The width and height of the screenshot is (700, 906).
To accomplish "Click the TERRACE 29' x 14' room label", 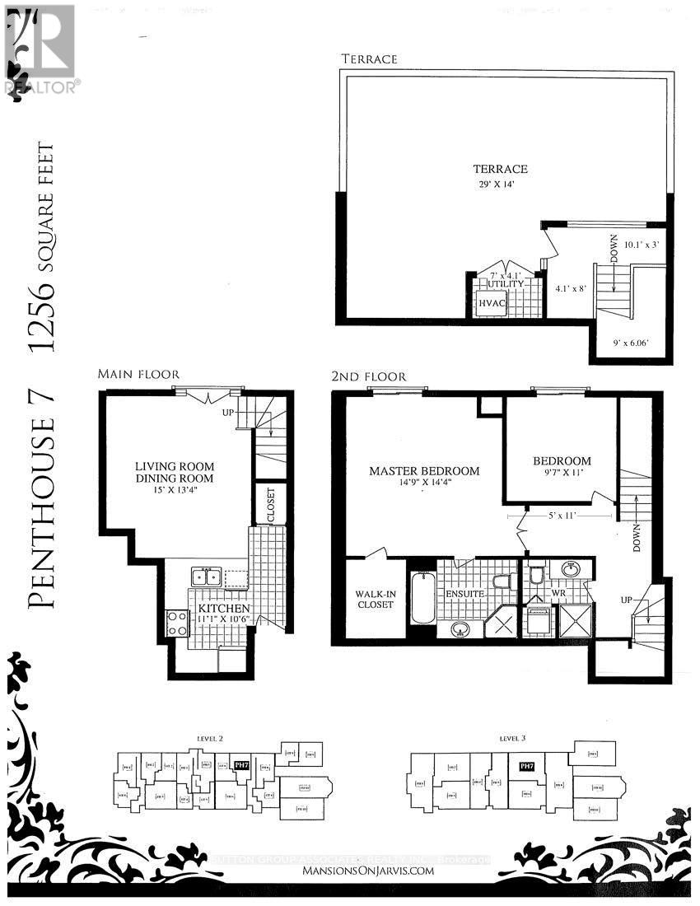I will coord(501,175).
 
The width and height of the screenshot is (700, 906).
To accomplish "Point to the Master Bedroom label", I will coord(424,476).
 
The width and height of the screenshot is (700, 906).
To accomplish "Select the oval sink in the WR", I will coord(570,569).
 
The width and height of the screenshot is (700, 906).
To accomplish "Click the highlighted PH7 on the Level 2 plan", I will coord(241,765).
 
